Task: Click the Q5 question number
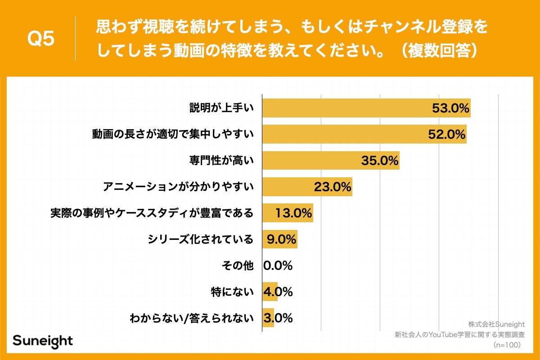coord(41,39)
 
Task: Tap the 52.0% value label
coord(446,134)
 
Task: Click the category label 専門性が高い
coord(221,160)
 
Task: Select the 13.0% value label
coord(293,213)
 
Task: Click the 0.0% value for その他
coord(278,265)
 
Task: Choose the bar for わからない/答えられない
coord(268,318)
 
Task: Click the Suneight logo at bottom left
coord(42,341)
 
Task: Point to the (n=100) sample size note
coord(507,345)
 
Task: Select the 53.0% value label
coord(450,108)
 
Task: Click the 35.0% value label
coord(380,160)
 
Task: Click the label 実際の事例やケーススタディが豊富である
coord(152,213)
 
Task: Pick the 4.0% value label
coord(278,292)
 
